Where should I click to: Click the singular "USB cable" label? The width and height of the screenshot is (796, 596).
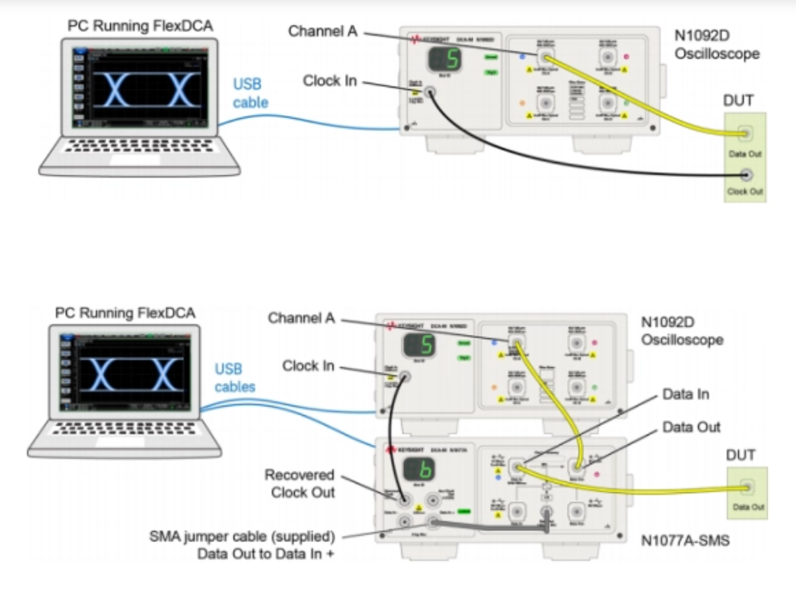click(251, 92)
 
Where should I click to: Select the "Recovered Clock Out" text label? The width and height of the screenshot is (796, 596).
click(299, 483)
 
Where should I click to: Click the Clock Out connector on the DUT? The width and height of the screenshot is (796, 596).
click(747, 174)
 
